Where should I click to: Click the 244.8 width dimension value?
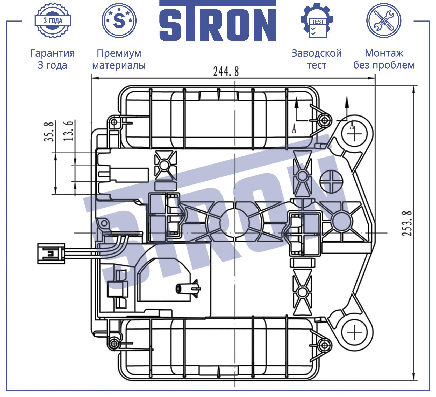[226, 71]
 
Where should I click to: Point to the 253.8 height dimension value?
[407, 223]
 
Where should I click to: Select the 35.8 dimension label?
[49, 131]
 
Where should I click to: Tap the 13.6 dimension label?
[69, 131]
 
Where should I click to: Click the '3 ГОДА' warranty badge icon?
[53, 20]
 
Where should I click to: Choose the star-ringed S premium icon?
[119, 20]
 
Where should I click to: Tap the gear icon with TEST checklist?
[317, 20]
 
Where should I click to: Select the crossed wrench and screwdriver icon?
[384, 20]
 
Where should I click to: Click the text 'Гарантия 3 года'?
[53, 59]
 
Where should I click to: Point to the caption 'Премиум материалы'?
[119, 59]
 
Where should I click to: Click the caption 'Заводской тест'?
[317, 59]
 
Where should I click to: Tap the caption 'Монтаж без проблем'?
[384, 59]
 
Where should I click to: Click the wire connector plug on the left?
[51, 253]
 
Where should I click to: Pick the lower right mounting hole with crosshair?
[354, 332]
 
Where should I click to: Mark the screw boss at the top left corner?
[114, 122]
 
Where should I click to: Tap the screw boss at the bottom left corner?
[114, 344]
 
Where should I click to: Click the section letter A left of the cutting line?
[294, 128]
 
